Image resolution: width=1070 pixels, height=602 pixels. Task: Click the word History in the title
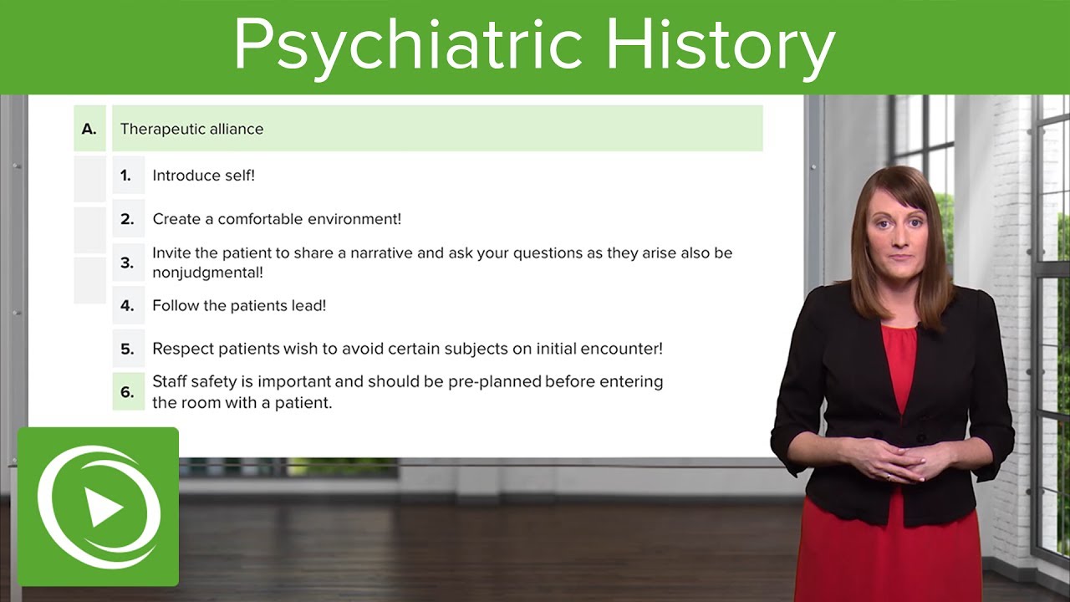coord(721,46)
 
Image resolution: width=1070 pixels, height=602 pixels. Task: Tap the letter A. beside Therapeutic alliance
coord(89,129)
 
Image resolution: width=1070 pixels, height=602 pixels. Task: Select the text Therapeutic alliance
coord(191,129)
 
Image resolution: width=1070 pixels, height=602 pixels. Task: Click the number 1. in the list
coord(126,176)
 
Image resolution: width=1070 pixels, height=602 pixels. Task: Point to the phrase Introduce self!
coord(203,176)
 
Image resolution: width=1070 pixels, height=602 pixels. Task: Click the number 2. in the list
coord(127,219)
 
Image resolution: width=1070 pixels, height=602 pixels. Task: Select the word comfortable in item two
coord(261,219)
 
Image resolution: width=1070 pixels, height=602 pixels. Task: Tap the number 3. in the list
coord(127,263)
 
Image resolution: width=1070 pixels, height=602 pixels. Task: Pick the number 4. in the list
coord(127,306)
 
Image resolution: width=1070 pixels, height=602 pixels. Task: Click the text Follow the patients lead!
coord(239,306)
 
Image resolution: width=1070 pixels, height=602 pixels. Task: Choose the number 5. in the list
coord(127,349)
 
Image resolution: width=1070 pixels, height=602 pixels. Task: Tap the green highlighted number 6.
coord(127,392)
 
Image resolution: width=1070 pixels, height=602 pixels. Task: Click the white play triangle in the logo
coord(104,508)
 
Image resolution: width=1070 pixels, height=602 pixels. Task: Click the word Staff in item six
coord(170,382)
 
